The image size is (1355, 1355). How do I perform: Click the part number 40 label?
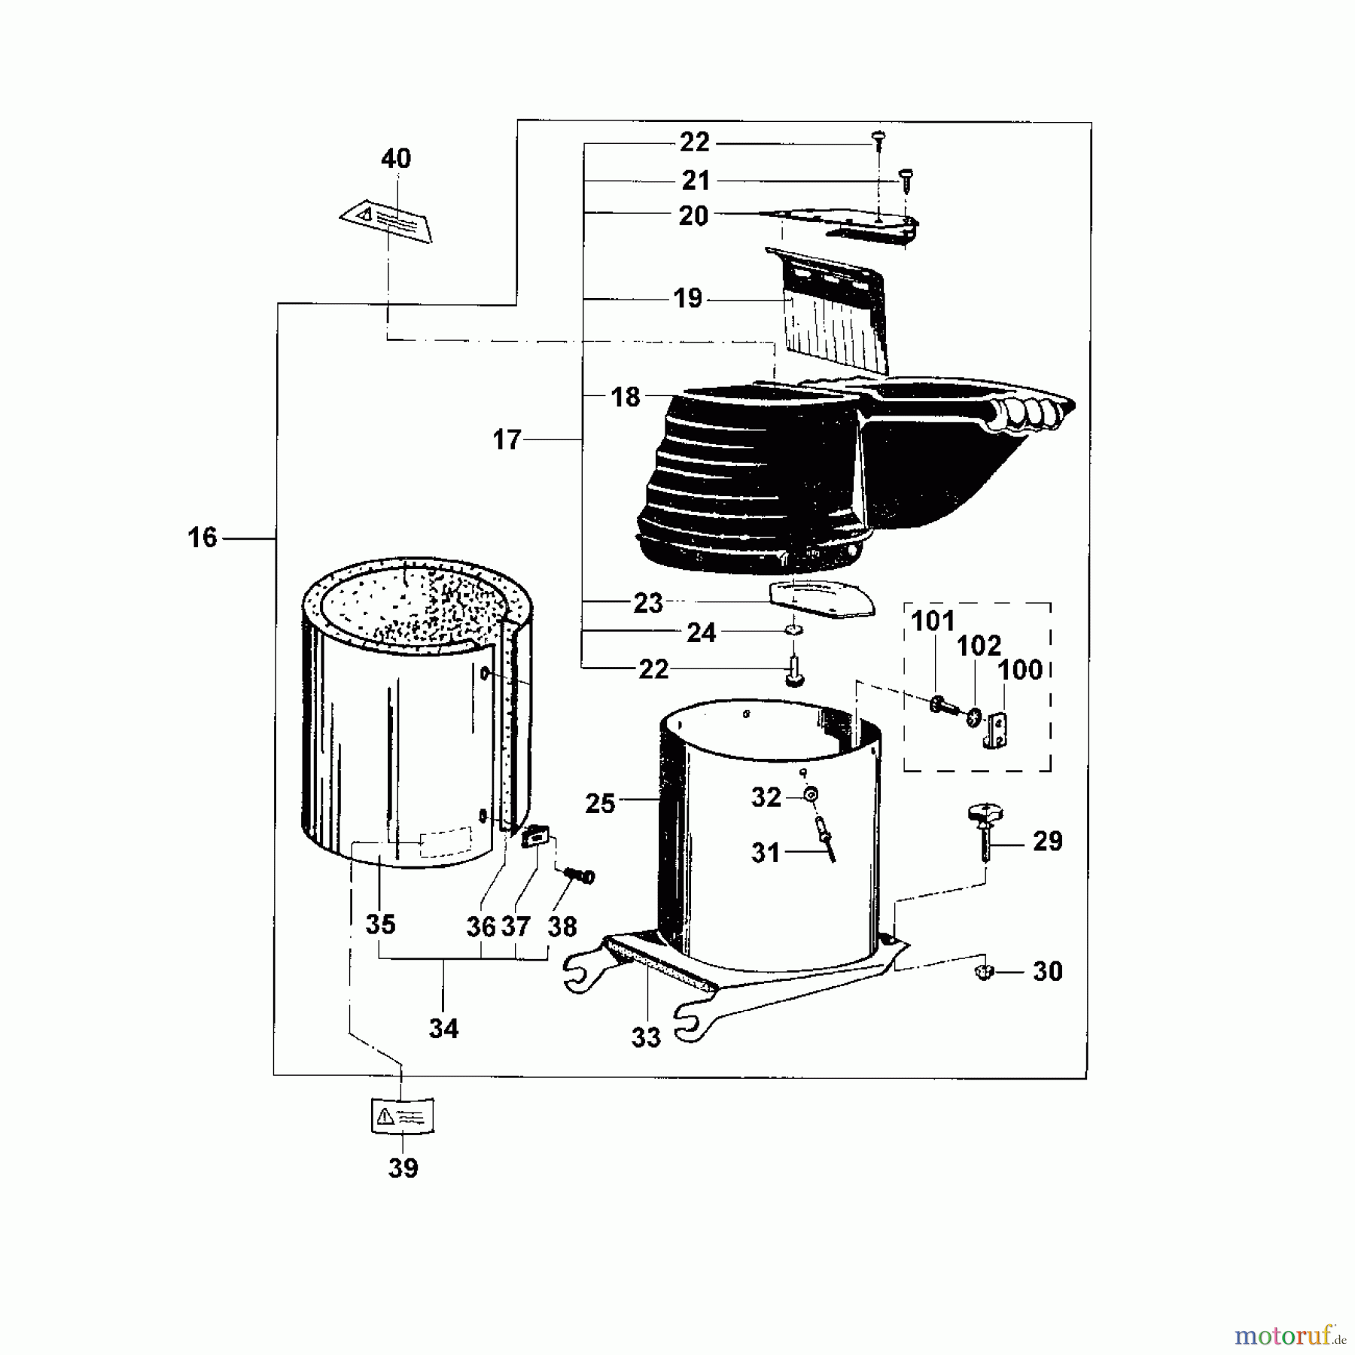pos(396,159)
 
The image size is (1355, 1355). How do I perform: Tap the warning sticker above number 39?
pos(403,1115)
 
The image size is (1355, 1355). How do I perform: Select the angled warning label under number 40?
pos(387,221)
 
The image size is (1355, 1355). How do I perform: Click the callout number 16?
pos(202,538)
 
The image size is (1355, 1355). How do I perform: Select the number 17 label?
pos(507,440)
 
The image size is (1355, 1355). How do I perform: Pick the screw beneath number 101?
pos(941,706)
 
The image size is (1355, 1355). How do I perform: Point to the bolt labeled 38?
pos(580,875)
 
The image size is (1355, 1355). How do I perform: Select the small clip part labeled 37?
pos(535,836)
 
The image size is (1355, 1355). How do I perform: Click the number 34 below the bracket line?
pos(443,1028)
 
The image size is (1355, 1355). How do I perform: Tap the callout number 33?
pos(646,1037)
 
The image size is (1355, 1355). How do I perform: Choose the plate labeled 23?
pos(821,600)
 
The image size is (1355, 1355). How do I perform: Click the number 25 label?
pos(600,804)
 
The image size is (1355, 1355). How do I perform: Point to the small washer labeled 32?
pos(811,795)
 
